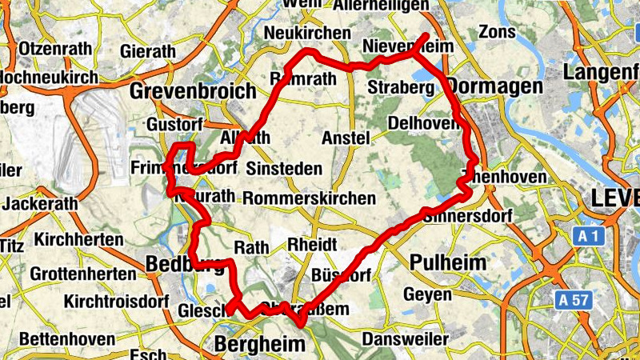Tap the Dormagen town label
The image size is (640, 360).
point(483,85)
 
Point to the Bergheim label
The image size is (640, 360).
point(261,345)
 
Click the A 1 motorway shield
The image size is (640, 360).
point(588,236)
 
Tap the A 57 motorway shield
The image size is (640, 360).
point(574,300)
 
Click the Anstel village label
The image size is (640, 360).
point(345,138)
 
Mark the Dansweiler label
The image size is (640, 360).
point(406,339)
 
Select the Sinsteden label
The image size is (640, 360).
point(284,169)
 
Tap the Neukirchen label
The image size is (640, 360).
point(306,33)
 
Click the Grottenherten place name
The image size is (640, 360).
point(83,274)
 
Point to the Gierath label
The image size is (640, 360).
point(148,51)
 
